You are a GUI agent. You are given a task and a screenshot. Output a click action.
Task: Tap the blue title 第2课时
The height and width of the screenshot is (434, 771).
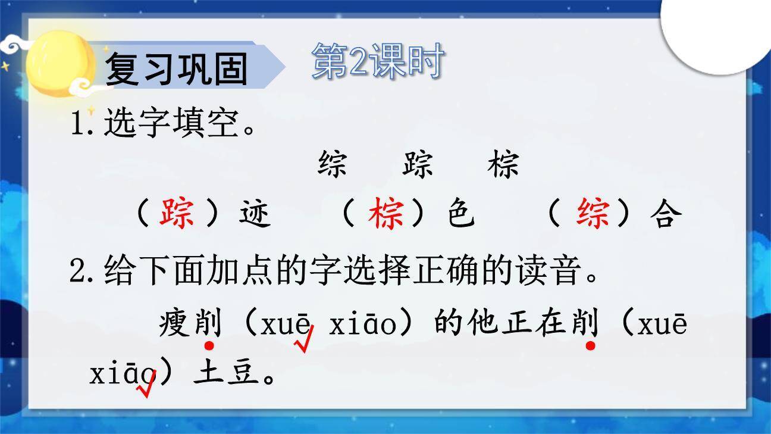click(x=378, y=61)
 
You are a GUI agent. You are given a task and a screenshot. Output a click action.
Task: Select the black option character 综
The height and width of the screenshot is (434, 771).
click(x=332, y=164)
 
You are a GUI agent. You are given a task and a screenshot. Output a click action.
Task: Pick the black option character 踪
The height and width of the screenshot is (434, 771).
click(x=418, y=164)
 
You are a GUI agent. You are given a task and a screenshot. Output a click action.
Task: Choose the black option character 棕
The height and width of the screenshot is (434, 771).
click(x=503, y=164)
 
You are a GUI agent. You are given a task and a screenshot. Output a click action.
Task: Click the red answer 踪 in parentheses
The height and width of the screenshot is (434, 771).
click(x=177, y=214)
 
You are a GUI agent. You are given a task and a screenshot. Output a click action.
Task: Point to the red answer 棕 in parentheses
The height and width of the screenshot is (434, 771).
click(x=385, y=214)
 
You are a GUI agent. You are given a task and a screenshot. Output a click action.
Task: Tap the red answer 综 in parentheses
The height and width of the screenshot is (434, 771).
click(x=593, y=214)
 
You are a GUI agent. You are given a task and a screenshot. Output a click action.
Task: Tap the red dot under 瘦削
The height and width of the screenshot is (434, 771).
click(x=209, y=345)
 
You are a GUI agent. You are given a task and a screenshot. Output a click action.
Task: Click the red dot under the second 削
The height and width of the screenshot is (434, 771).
click(x=590, y=345)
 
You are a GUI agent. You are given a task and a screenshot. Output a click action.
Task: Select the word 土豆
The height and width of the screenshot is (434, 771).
click(x=227, y=374)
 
